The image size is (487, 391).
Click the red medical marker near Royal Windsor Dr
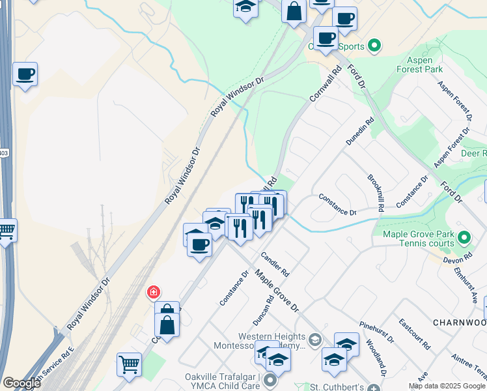pos(154,291)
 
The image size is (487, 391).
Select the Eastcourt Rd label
pos(414,334)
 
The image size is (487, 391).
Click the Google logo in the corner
pos(21,383)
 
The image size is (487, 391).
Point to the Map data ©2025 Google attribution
pos(447,386)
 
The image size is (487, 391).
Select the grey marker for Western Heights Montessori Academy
pos(315,340)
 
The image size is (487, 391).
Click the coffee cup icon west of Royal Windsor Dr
pos(25,74)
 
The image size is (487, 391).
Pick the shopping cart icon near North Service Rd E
pos(129,364)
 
